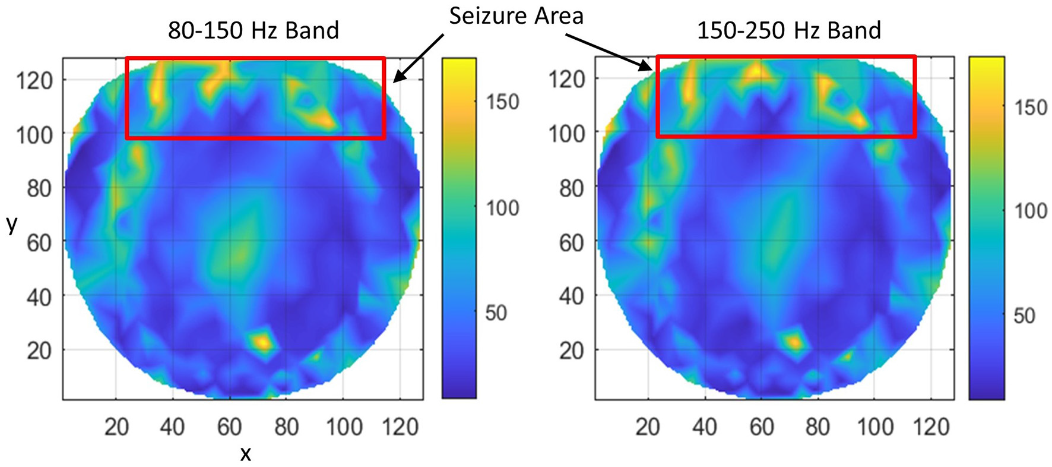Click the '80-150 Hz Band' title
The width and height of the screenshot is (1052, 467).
pyautogui.click(x=253, y=30)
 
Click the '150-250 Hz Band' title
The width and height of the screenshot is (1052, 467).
pyautogui.click(x=788, y=30)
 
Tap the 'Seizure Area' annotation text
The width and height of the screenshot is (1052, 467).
pyautogui.click(x=516, y=15)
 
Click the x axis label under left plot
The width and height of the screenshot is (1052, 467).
pyautogui.click(x=245, y=454)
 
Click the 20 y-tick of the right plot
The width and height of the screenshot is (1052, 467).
pyautogui.click(x=571, y=351)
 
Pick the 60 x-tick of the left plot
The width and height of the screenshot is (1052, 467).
pyautogui.click(x=229, y=427)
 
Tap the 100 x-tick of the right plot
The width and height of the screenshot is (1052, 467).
pyautogui.click(x=875, y=427)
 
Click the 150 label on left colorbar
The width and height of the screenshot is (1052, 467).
pyautogui.click(x=502, y=102)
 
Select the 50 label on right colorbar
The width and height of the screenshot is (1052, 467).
pyautogui.click(x=1024, y=315)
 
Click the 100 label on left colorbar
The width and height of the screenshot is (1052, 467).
pyautogui.click(x=502, y=208)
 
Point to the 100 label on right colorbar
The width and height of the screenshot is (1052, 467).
pyautogui.click(x=1029, y=210)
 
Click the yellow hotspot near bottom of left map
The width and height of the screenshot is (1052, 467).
pyautogui.click(x=262, y=342)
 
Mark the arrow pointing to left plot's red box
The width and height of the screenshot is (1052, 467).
pyautogui.click(x=419, y=57)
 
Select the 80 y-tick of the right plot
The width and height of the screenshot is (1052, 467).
pyautogui.click(x=571, y=188)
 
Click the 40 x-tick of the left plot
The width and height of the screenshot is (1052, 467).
pyautogui.click(x=172, y=427)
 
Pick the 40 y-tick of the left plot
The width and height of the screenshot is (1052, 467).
pyautogui.click(x=39, y=296)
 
